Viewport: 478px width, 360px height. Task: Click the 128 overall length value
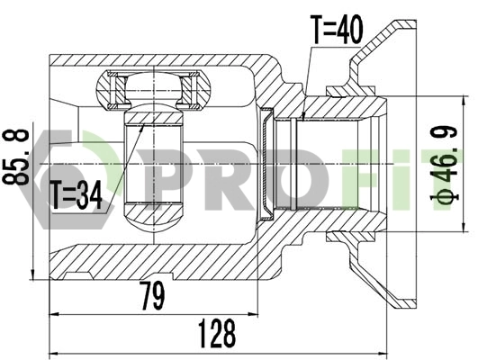tap(219, 331)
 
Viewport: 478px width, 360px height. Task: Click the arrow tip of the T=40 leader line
tap(304, 117)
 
